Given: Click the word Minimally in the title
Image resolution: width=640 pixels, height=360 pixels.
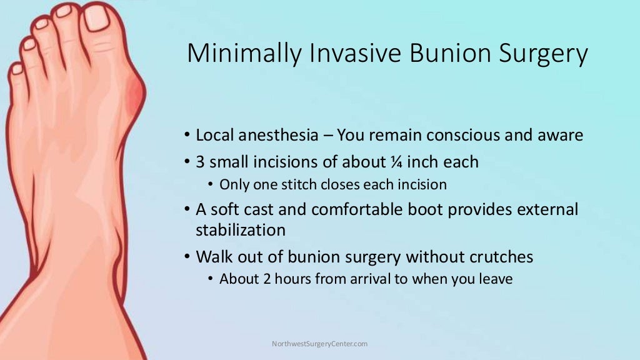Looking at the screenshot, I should pos(232,54).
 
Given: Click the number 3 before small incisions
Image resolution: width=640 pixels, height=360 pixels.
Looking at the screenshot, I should pos(200,162).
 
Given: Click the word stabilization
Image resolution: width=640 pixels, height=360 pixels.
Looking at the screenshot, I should pos(241,230).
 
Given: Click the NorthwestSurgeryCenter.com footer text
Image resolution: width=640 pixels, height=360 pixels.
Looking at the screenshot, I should pos(319,344).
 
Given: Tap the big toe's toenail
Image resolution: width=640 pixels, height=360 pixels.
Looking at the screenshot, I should pos(97,18).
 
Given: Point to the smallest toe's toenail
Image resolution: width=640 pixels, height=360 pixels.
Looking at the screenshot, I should pos(16,69).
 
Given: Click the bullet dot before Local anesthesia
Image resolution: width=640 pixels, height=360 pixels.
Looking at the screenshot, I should pos(187,136).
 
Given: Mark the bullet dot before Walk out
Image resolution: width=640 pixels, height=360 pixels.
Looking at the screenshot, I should pos(187,257).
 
